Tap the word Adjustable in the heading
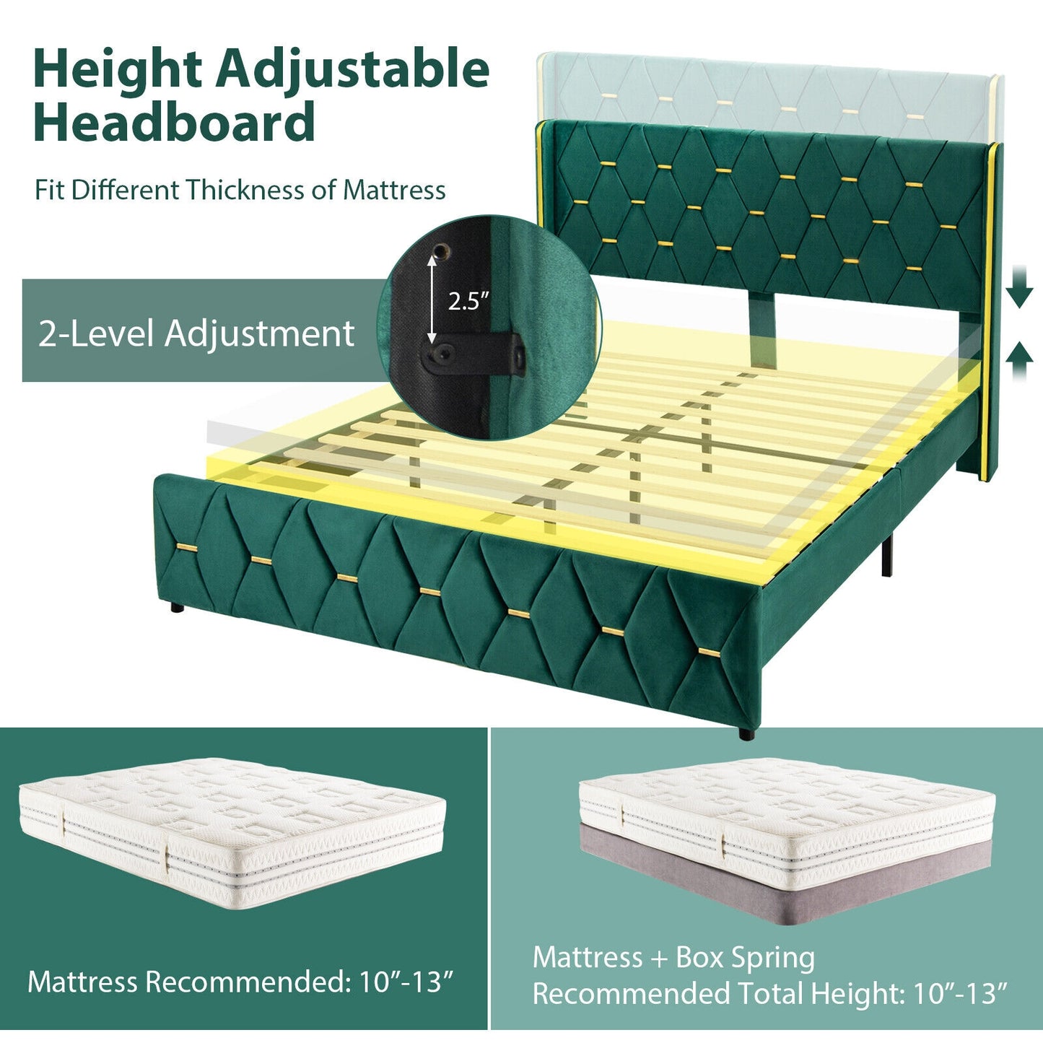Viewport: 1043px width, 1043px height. [x=353, y=71]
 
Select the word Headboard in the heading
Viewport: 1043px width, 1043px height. [x=174, y=123]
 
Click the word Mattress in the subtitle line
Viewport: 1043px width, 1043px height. [x=394, y=190]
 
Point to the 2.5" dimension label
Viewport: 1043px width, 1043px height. [x=468, y=300]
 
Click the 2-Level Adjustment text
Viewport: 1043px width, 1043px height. [x=196, y=333]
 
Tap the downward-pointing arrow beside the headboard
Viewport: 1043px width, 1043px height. [x=1018, y=286]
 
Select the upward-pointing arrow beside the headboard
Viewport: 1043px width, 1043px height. [x=1018, y=360]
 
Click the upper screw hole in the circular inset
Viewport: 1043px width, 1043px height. [x=441, y=250]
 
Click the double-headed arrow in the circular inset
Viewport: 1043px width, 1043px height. [x=432, y=301]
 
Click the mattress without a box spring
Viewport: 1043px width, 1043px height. [x=231, y=830]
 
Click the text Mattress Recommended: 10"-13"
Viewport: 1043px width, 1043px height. [x=241, y=982]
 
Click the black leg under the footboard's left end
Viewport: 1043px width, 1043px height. [x=175, y=608]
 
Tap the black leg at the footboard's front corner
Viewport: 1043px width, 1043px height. [x=746, y=733]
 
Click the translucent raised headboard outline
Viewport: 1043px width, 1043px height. [x=765, y=90]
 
